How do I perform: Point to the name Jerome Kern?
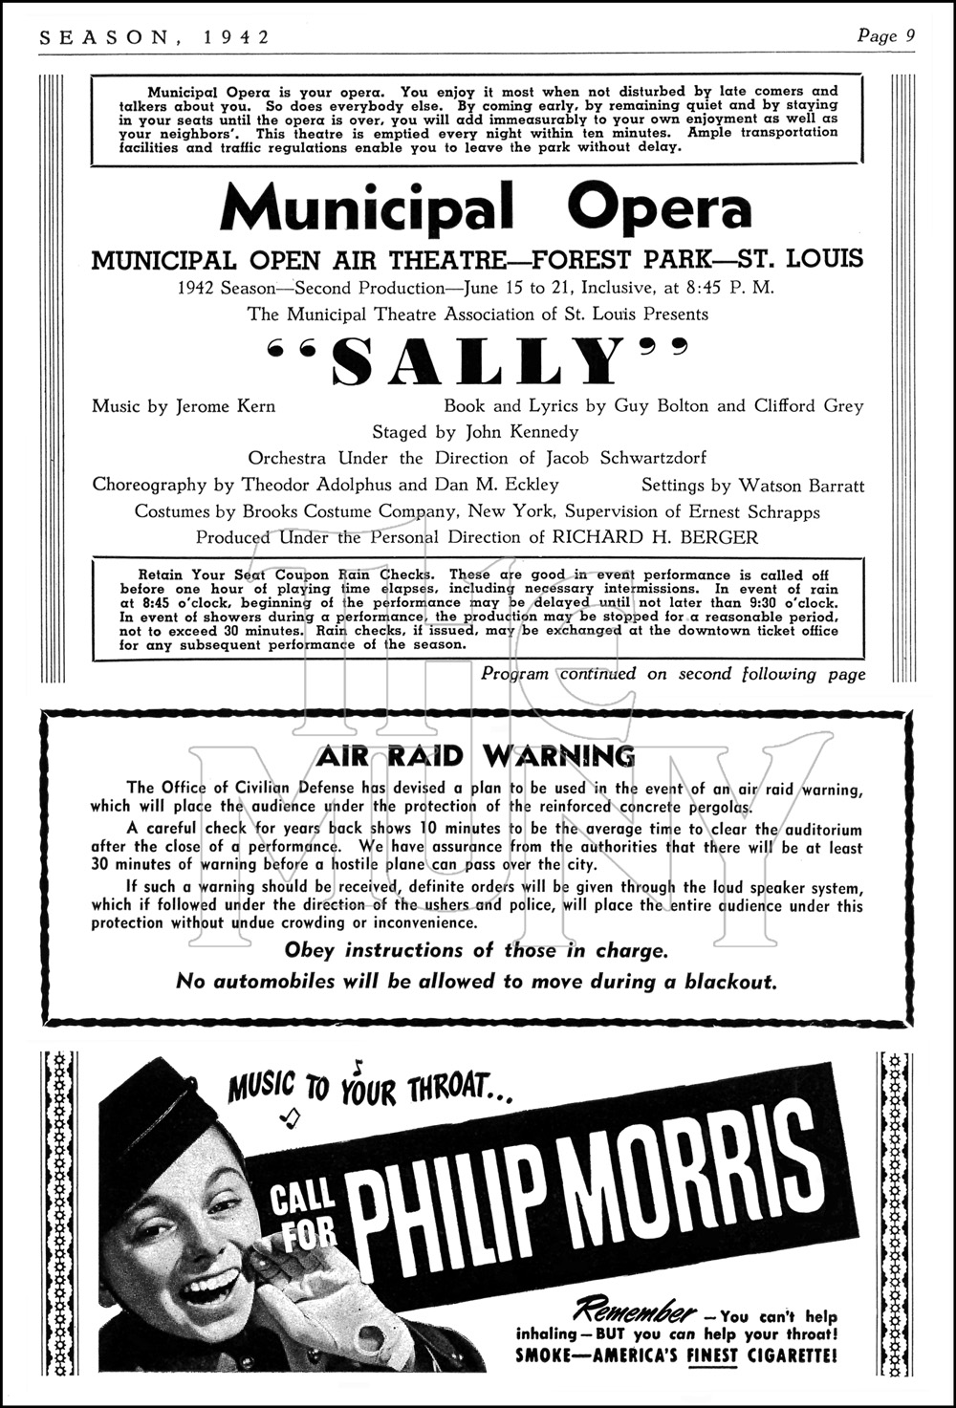226,406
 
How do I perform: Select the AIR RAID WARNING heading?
476,757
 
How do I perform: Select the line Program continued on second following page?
673,674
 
